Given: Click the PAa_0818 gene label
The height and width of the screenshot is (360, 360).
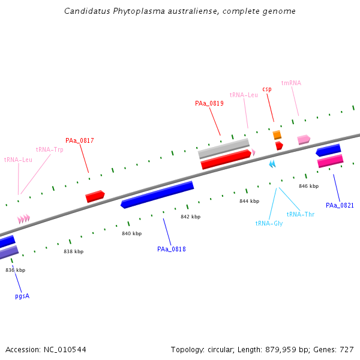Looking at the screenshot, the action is point(171,249).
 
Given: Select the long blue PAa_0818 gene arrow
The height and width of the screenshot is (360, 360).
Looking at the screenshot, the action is point(157,194).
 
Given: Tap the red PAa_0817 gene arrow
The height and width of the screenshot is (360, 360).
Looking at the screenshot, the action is point(95,196).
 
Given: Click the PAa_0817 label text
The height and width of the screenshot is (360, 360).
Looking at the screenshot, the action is point(80,140).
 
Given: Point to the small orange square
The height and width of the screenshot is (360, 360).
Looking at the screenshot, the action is point(277,135).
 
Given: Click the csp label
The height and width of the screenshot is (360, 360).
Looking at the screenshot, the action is point(267,89).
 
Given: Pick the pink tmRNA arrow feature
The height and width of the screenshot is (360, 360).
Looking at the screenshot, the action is point(304,140).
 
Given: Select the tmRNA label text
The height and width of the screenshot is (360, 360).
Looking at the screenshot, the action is point(291,83).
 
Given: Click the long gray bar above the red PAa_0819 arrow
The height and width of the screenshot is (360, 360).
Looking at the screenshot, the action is point(224,149).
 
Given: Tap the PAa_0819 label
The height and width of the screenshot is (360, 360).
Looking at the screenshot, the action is point(209,103).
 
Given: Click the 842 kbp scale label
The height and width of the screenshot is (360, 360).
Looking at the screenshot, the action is point(191,217).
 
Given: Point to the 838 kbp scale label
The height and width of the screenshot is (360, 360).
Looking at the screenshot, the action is point(73,251).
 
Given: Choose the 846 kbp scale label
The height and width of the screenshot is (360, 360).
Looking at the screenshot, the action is point(309,186).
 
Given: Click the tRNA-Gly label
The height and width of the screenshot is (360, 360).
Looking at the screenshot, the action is point(269,223).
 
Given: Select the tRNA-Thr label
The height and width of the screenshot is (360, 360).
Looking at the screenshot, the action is point(301,214).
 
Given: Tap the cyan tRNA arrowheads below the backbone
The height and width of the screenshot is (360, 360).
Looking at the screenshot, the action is point(272,164).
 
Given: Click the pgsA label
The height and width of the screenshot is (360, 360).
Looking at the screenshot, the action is point(22,296).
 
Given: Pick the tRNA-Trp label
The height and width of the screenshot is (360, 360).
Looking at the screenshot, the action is point(50,149).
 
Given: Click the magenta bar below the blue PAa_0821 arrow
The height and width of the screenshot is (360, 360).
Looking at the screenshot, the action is point(331,161).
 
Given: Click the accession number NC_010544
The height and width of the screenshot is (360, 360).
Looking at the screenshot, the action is point(65,350).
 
